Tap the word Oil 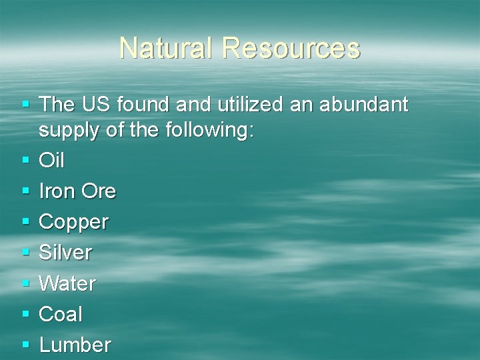pyautogui.click(x=52, y=161)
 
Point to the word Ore pyautogui.click(x=99, y=191)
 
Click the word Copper pyautogui.click(x=73, y=223)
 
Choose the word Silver pyautogui.click(x=65, y=253)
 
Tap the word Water pyautogui.click(x=67, y=283)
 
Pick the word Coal pyautogui.click(x=61, y=314)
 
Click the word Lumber pyautogui.click(x=75, y=345)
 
